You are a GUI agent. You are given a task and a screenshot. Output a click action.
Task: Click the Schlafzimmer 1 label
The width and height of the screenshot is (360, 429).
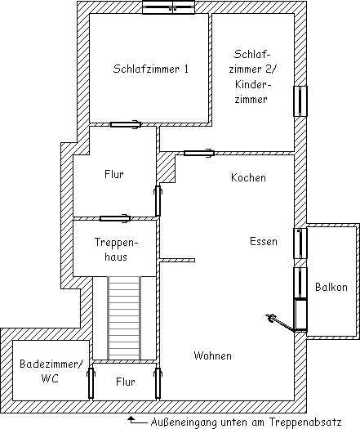[x=151, y=69]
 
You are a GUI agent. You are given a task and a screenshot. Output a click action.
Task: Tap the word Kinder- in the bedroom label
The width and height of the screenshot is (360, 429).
[x=253, y=84]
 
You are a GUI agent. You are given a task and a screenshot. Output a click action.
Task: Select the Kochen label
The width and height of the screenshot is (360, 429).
[x=248, y=177]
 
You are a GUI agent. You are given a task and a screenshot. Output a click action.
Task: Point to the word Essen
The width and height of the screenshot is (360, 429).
[x=264, y=241]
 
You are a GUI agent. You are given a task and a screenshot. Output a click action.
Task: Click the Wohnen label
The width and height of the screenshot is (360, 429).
[x=213, y=355]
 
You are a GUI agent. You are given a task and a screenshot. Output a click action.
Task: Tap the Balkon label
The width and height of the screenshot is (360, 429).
[x=331, y=287]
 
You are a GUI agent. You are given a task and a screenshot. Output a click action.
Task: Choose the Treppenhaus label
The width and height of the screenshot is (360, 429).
[x=117, y=249]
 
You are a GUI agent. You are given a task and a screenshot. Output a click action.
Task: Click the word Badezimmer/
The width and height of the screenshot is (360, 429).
[x=51, y=364]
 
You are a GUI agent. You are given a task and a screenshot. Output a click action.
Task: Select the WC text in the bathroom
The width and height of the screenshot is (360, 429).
[x=50, y=378]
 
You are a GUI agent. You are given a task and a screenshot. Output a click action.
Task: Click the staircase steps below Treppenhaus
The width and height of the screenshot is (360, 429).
[x=124, y=318]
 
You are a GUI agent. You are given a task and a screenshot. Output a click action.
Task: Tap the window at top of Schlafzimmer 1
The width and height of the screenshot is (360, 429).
[x=169, y=7]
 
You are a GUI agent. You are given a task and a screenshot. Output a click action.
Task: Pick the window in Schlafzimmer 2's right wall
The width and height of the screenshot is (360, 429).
[x=300, y=101]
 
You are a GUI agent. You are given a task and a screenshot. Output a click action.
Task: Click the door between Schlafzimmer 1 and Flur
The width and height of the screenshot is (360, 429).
[x=126, y=124]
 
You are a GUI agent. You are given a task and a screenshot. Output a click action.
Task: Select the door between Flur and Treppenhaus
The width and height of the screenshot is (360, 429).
[x=115, y=218]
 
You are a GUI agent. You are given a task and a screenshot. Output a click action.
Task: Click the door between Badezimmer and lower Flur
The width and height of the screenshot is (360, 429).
[x=91, y=383]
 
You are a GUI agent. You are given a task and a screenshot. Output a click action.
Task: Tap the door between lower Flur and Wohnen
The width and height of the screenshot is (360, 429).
[x=158, y=383]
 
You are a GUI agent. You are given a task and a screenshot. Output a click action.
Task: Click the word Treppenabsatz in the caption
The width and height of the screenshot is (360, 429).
[x=305, y=422]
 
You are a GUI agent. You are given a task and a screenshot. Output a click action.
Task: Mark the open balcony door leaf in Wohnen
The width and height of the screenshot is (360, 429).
[x=280, y=323]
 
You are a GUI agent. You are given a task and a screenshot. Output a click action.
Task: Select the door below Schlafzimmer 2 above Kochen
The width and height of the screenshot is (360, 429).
[x=199, y=153]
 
